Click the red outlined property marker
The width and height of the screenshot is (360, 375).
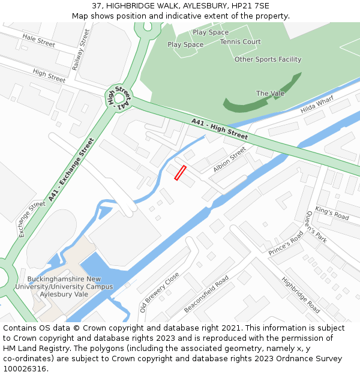coord(180,173)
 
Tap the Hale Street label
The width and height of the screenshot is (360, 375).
coord(38,40)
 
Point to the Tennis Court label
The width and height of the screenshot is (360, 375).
coord(240,42)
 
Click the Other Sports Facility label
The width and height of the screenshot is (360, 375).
coord(268,59)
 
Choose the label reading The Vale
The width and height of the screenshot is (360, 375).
coord(270,93)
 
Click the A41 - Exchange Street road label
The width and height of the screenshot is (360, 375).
coord(71,169)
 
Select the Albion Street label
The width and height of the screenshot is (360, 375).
coord(229,160)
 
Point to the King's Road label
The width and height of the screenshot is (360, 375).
coord(332,214)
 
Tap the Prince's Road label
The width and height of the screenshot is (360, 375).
coord(286,244)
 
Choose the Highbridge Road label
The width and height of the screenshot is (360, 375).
coord(301,295)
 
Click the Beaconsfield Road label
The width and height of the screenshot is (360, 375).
coord(206,294)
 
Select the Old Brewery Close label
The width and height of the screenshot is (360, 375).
coord(160,292)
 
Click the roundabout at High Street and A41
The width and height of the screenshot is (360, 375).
coord(118,97)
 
